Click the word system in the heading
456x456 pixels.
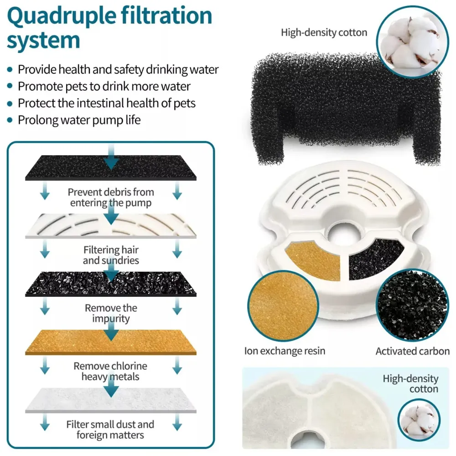pyautogui.click(x=43, y=41)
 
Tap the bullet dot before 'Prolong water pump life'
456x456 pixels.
pyautogui.click(x=10, y=120)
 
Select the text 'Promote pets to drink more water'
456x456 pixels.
pyautogui.click(x=104, y=86)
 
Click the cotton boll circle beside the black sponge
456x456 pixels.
pyautogui.click(x=412, y=42)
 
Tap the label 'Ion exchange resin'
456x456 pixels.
pyautogui.click(x=285, y=351)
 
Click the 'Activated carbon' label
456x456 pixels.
pyautogui.click(x=412, y=351)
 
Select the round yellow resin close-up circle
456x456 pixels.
pyautogui.click(x=283, y=306)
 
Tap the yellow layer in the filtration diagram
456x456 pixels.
pyautogui.click(x=111, y=342)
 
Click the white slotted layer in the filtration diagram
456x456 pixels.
pyautogui.click(x=111, y=226)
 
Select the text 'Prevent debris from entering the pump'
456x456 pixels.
pyautogui.click(x=111, y=197)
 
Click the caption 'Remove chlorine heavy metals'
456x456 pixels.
pyautogui.click(x=110, y=371)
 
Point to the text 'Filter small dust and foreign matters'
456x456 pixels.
pyautogui.click(x=110, y=430)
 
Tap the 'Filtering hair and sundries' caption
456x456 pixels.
pyautogui.click(x=111, y=255)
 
